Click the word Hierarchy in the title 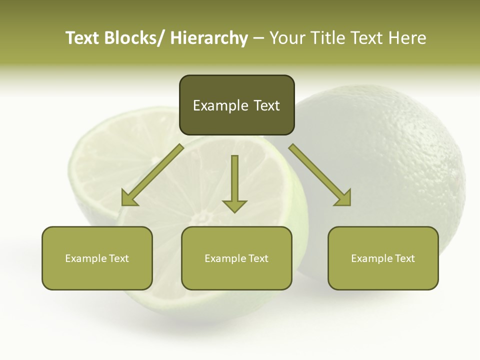(208, 38)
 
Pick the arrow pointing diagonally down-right (320, 174)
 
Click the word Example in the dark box (213, 105)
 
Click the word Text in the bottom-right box (405, 258)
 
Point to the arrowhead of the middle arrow (234, 205)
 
